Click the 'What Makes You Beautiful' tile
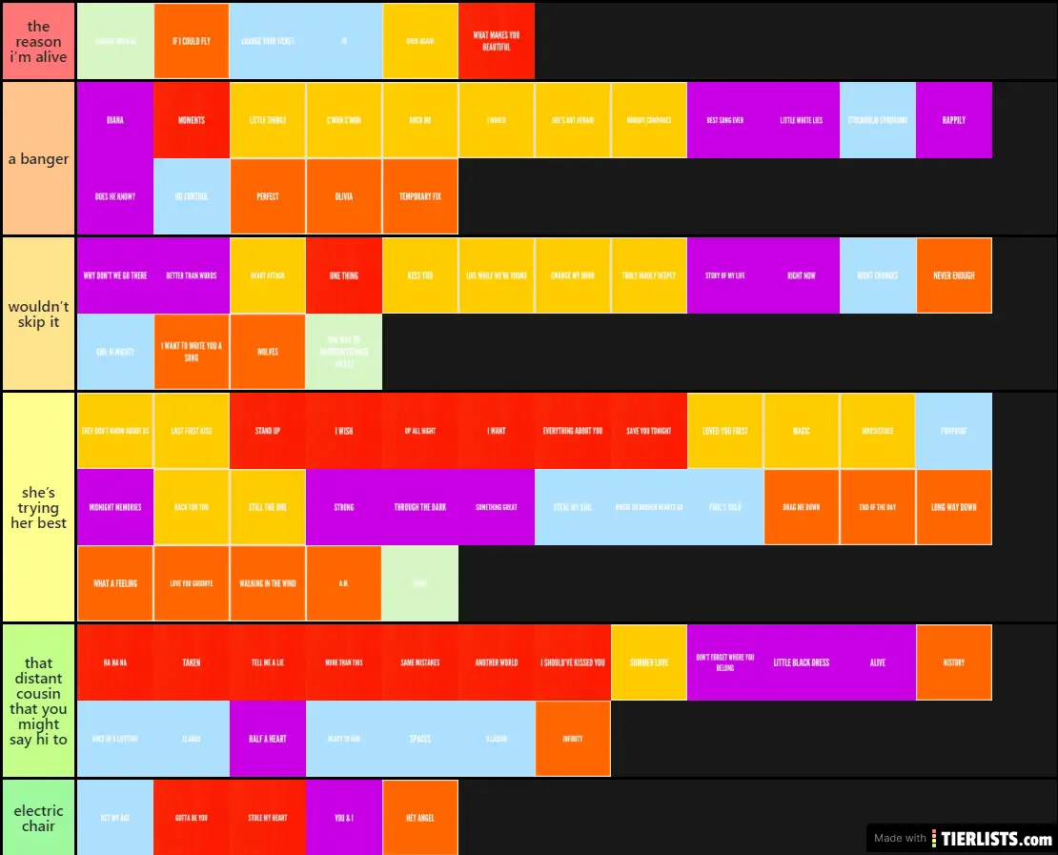pos(496,41)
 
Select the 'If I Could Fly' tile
pos(191,41)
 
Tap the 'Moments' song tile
pos(191,120)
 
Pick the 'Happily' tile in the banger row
pos(953,120)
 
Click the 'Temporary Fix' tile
pos(419,196)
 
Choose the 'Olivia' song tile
pos(343,196)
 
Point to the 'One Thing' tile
pos(343,275)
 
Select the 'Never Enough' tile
pos(953,275)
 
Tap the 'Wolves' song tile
pos(267,352)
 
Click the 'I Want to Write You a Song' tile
pos(191,352)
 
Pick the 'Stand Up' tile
pos(267,431)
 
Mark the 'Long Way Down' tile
pos(953,507)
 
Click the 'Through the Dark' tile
pos(419,507)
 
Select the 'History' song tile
pos(953,662)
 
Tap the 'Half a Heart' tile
pos(267,739)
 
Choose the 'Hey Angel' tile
pos(419,818)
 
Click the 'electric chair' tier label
pos(38,818)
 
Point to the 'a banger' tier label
pos(38,158)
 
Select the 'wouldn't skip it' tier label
pos(38,314)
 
